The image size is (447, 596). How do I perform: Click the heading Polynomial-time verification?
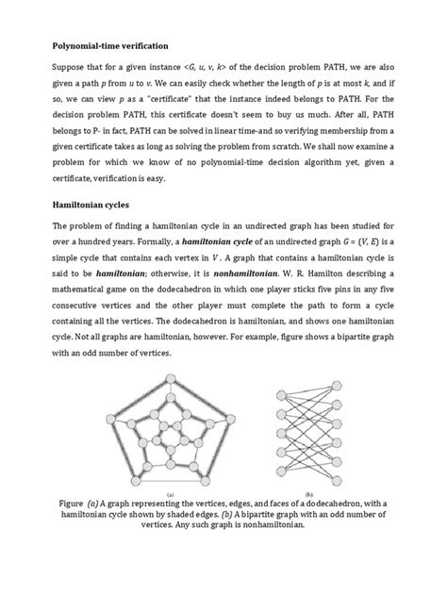tap(113, 44)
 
